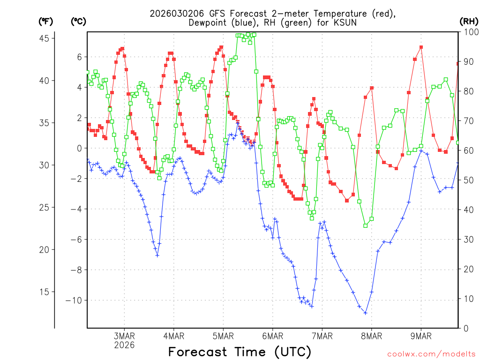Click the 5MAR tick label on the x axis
coord(223,336)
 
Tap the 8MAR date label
coord(371,336)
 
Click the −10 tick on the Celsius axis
coord(75,300)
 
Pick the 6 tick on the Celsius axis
coord(80,57)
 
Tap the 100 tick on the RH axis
coord(468,32)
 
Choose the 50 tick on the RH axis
coord(466,180)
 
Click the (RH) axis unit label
coord(469,21)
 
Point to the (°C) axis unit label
coord(79,21)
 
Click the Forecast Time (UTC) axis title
coord(240,352)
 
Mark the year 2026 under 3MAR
coord(124,345)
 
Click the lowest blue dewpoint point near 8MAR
coord(365,313)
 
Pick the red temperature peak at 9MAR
coord(421,47)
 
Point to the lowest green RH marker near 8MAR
coord(365,225)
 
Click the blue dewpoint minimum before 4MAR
coord(157,255)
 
